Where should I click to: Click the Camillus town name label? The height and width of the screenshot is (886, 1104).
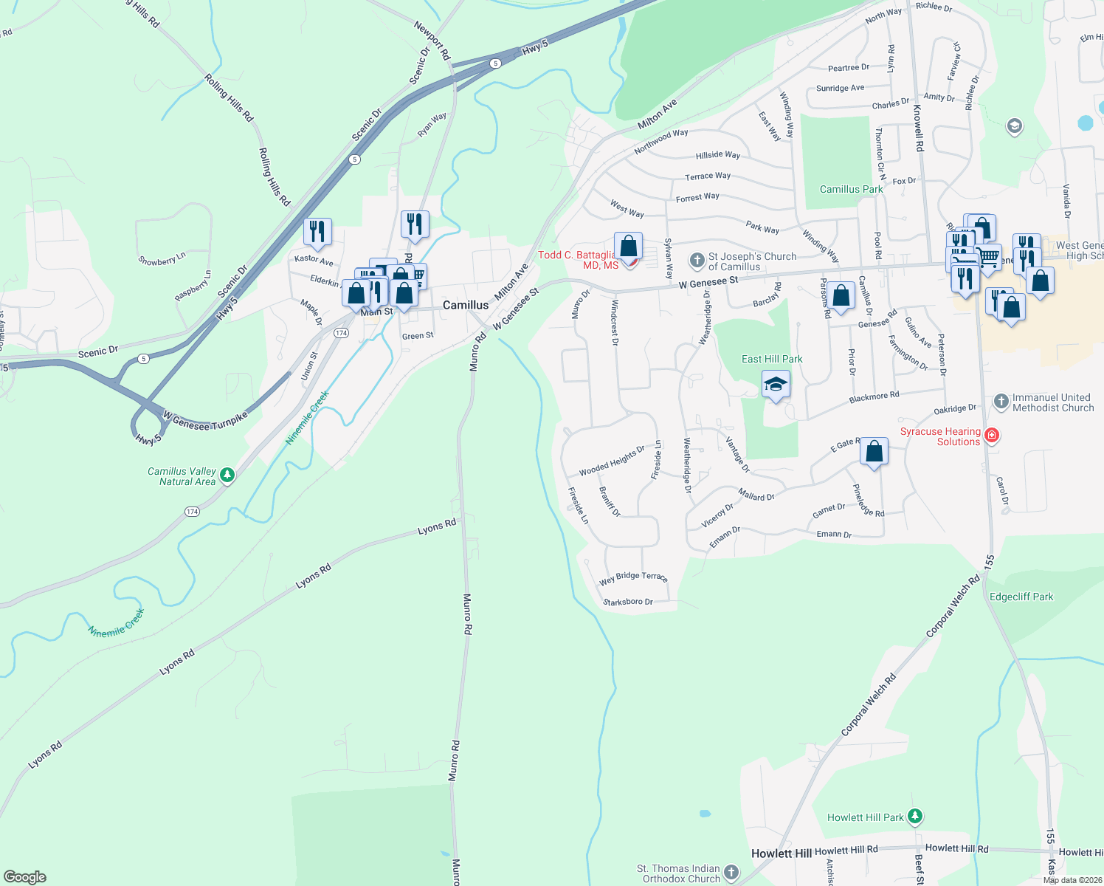click(465, 305)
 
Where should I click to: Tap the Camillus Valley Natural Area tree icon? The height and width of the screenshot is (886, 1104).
click(227, 475)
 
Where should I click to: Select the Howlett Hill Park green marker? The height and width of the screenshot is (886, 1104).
click(915, 817)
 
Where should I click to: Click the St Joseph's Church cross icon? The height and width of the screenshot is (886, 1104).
click(697, 261)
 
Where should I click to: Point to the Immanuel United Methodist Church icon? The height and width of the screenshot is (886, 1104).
click(1001, 402)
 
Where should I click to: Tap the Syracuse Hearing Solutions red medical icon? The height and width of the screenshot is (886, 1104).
click(991, 436)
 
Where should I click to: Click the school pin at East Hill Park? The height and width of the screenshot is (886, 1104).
click(775, 384)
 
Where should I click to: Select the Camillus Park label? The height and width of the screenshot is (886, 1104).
click(851, 189)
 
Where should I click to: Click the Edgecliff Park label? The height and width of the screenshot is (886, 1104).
click(1021, 597)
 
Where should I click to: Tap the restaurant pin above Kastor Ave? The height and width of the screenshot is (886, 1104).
click(317, 231)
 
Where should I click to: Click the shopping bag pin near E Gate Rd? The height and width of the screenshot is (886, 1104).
click(874, 450)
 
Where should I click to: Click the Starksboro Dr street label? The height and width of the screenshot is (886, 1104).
click(628, 602)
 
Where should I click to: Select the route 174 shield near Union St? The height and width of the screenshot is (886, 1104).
click(340, 333)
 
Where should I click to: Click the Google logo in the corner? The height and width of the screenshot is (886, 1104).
click(24, 876)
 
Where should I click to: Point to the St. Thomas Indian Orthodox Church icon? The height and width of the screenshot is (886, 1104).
click(731, 873)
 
